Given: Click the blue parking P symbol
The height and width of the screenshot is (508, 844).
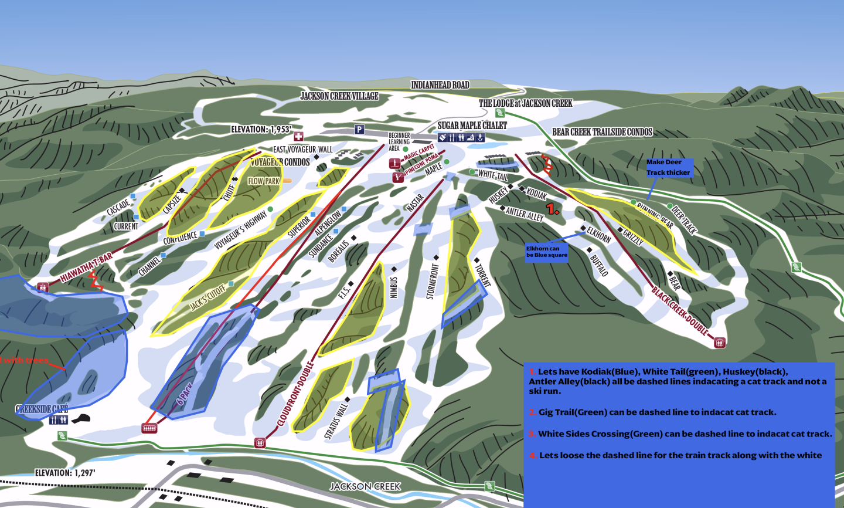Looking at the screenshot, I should click(x=359, y=130).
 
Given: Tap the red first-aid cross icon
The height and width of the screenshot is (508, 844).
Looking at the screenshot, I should click(x=298, y=137).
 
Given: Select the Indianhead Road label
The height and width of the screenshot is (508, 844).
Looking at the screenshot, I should click(x=440, y=85).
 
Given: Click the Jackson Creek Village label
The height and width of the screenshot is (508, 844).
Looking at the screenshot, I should click(x=339, y=96).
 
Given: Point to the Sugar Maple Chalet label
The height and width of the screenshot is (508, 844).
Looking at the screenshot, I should click(x=472, y=126).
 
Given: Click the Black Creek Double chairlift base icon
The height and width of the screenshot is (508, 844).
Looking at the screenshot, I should click(x=720, y=343).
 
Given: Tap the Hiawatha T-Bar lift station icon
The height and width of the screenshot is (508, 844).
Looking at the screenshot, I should click(x=42, y=287).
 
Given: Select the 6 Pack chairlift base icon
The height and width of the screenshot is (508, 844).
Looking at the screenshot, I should click(x=149, y=429).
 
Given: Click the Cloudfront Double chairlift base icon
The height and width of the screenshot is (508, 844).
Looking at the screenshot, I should click(x=260, y=443).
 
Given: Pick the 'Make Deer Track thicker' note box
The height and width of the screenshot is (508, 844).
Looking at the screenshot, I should click(x=669, y=167).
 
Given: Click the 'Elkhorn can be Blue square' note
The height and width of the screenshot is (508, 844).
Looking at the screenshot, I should click(x=546, y=252).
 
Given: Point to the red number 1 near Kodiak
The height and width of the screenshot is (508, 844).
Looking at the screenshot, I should click(x=552, y=208).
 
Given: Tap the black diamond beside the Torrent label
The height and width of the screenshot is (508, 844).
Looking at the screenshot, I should click(x=477, y=260).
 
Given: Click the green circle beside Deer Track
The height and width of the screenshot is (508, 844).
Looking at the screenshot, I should click(x=669, y=206).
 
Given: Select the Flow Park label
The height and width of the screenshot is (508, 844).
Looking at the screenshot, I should click(x=264, y=181).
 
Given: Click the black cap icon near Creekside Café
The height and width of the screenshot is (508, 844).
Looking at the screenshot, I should click(x=83, y=418).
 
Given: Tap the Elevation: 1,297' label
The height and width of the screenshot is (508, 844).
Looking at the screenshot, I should click(x=64, y=473).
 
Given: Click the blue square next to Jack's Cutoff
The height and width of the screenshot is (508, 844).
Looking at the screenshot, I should click(x=231, y=284).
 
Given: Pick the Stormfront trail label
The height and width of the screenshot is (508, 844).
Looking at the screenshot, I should click(x=432, y=281).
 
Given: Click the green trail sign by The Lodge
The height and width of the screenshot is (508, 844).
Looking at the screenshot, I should click(x=499, y=113).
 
